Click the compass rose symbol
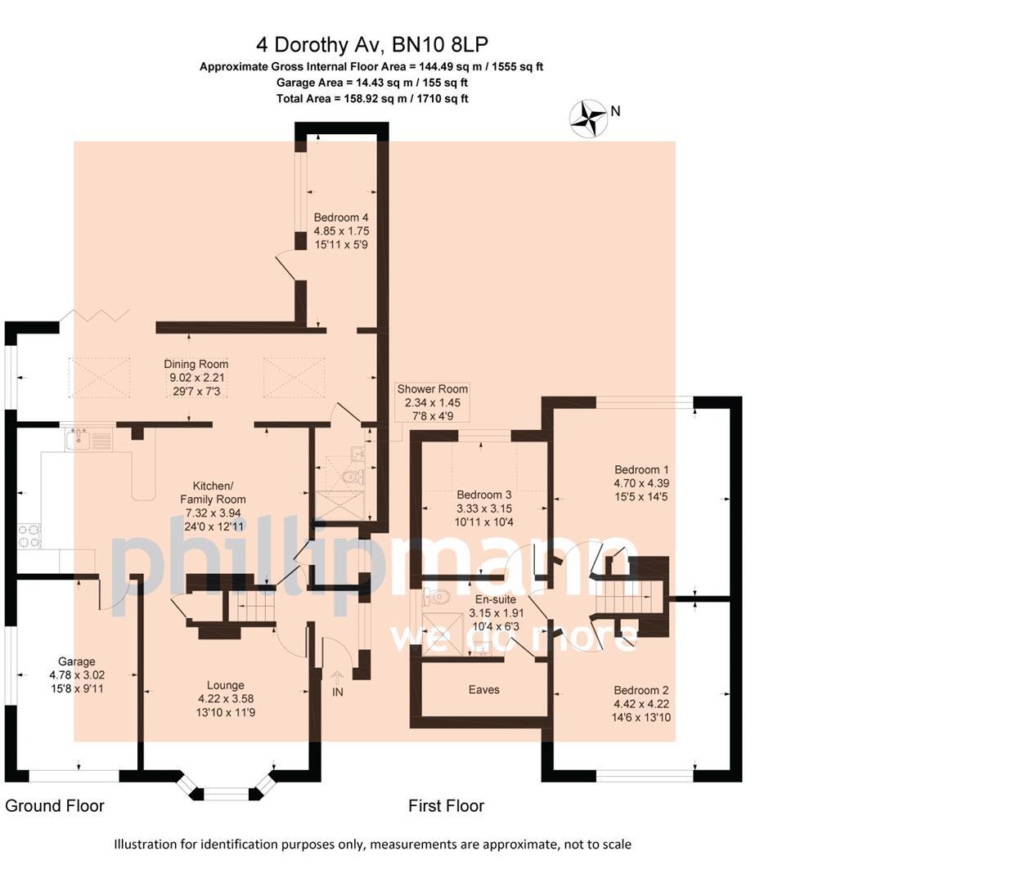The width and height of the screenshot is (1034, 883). (587, 118)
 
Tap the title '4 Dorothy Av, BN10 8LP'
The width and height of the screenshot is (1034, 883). (371, 44)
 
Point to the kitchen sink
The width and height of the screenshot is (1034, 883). (79, 440)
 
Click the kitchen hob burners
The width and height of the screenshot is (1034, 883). (29, 536)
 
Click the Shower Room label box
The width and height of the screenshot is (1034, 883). (432, 402)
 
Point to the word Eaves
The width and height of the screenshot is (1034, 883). (484, 689)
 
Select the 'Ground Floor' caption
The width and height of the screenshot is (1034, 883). (55, 806)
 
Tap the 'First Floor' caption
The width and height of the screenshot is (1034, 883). (446, 806)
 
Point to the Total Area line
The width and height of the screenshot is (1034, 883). (371, 99)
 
